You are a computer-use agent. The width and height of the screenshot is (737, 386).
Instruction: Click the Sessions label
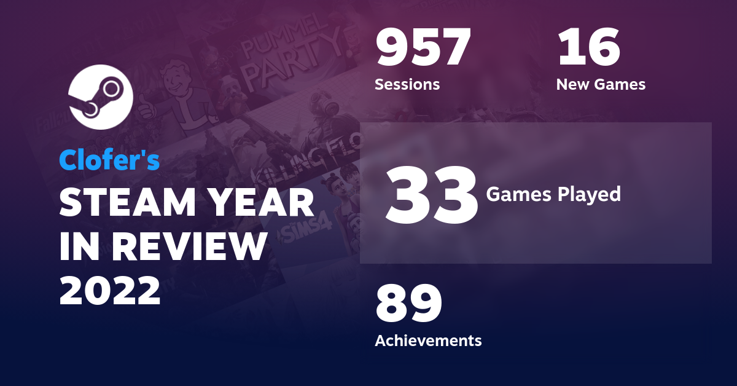407,84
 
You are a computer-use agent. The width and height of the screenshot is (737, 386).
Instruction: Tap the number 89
408,304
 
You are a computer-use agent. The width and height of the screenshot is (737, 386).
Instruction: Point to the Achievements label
428,340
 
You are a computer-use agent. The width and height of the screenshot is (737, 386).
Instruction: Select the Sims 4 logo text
307,230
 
